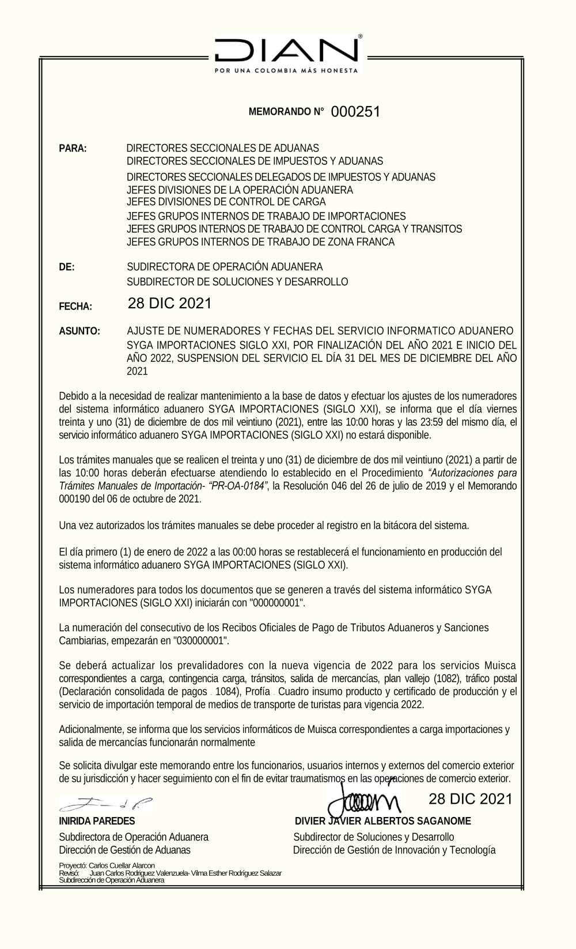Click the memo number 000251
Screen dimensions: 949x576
click(x=355, y=112)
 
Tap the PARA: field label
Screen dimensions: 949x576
click(x=73, y=149)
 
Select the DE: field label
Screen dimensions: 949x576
click(x=67, y=267)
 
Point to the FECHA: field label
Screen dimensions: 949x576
click(x=75, y=307)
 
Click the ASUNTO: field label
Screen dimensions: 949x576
click(x=79, y=331)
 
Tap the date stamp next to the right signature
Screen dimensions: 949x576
click(x=470, y=799)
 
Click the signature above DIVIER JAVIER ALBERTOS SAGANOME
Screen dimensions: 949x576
click(x=363, y=798)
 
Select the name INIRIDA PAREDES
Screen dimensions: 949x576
click(x=97, y=821)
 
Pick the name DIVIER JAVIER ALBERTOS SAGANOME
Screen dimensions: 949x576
click(x=382, y=821)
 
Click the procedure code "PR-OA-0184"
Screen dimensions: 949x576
click(x=238, y=486)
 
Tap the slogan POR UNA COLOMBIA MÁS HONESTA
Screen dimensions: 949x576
click(x=286, y=71)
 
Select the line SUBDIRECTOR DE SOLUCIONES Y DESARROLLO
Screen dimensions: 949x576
click(x=237, y=282)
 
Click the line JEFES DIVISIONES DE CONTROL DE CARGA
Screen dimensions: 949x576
click(x=226, y=202)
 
